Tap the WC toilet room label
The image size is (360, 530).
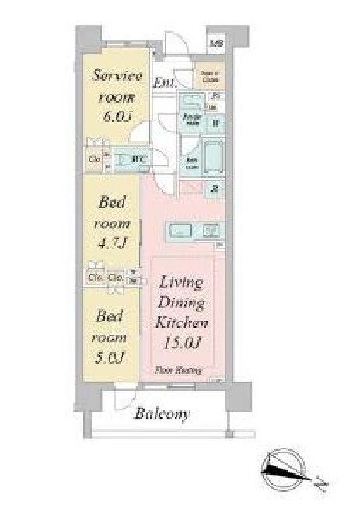coord(141,160)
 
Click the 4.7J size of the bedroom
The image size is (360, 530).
coord(114,243)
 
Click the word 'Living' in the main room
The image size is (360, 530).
coord(182,281)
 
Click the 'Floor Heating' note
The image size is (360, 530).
coord(176,371)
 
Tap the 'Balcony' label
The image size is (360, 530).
coord(161,413)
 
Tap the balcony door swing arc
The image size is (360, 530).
coord(123,398)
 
